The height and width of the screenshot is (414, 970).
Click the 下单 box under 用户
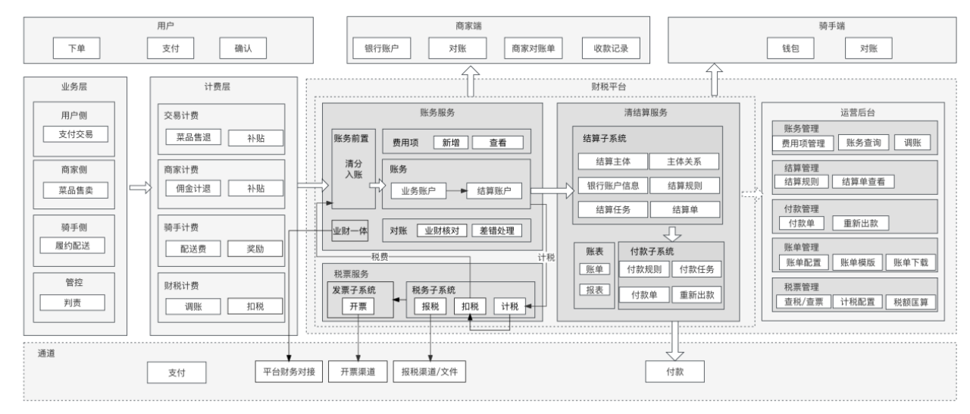click(x=76, y=49)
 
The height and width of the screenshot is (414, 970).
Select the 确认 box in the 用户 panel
click(x=243, y=49)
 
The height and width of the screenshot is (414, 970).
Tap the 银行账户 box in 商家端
click(x=382, y=49)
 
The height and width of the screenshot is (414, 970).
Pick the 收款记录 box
click(x=611, y=49)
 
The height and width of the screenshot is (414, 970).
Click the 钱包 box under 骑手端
click(x=790, y=49)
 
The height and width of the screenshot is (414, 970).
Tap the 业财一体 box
click(x=350, y=230)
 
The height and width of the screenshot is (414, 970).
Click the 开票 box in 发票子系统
click(x=358, y=306)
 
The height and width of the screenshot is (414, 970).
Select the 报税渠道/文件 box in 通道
click(x=430, y=372)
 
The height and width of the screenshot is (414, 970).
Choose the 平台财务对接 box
click(x=289, y=372)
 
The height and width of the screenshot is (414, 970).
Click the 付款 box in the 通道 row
click(x=674, y=372)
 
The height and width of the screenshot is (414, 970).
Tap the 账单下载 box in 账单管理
click(x=911, y=263)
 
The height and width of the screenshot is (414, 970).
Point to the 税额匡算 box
click(x=911, y=302)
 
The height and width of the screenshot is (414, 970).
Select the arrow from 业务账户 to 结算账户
click(x=455, y=191)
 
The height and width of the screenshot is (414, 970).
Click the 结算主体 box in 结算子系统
click(x=612, y=162)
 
